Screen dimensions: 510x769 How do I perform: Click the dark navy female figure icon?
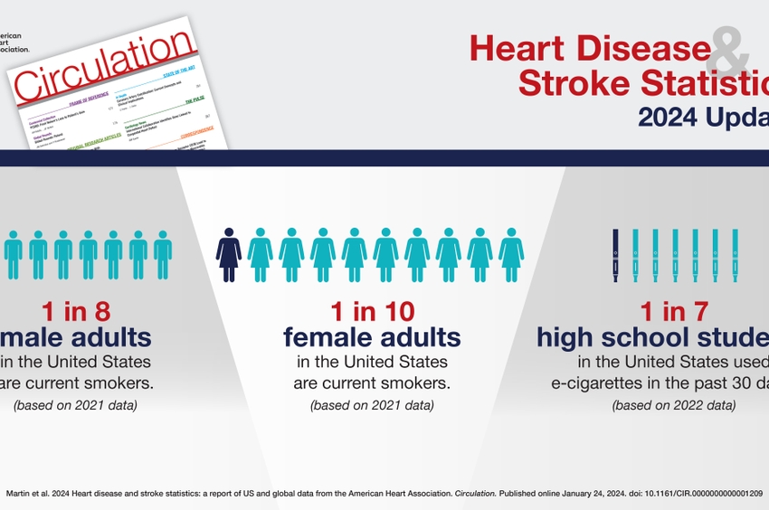click(229, 255)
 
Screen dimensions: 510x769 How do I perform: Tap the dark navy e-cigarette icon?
click(616, 255)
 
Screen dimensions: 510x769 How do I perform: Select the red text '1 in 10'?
click(372, 312)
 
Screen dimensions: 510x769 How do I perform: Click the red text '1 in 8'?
click(76, 312)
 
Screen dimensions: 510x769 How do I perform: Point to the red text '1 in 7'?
click(674, 312)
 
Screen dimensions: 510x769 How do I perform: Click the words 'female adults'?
click(372, 338)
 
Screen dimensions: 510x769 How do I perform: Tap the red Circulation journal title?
click(104, 68)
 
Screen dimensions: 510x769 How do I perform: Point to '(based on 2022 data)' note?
click(674, 405)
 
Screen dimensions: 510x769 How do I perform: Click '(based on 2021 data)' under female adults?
click(372, 405)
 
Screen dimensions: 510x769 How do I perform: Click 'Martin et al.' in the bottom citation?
click(30, 493)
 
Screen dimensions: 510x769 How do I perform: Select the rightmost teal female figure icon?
click(511, 255)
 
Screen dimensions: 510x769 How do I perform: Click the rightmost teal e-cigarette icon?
click(735, 255)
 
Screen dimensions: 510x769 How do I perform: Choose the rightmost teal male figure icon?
click(162, 255)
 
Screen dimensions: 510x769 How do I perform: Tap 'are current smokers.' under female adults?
click(372, 383)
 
